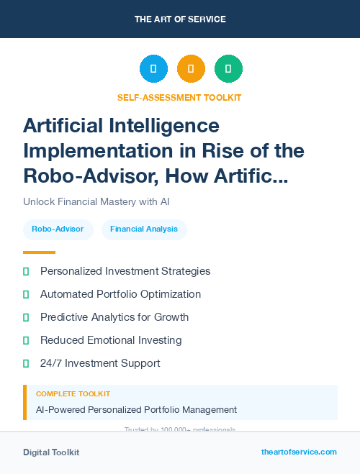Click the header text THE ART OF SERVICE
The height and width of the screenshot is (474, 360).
pos(180,19)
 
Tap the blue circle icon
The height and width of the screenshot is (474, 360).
pos(153,68)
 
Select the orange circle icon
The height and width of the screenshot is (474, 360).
pos(191,68)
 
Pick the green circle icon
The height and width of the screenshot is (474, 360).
pos(228,68)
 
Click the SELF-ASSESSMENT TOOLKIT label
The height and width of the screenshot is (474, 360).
pos(179,97)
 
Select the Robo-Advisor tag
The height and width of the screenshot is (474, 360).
pos(58,229)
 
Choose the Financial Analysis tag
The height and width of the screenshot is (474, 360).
pos(144,229)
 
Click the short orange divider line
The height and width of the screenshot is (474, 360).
pos(39,252)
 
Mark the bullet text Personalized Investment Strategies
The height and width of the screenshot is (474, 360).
pos(125,271)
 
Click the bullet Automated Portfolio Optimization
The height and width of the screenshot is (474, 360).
pos(120,294)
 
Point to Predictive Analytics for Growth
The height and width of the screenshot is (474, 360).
pos(114,317)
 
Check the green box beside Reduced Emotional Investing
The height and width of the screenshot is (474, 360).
pos(26,340)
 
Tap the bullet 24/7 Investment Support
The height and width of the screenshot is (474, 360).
pos(100,363)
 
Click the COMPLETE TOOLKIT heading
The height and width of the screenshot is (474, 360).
pos(73,394)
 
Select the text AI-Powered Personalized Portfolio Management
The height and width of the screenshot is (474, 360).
pos(136,409)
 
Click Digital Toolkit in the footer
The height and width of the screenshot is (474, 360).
pos(51,452)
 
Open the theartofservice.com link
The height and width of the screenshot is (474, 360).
pos(299,452)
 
